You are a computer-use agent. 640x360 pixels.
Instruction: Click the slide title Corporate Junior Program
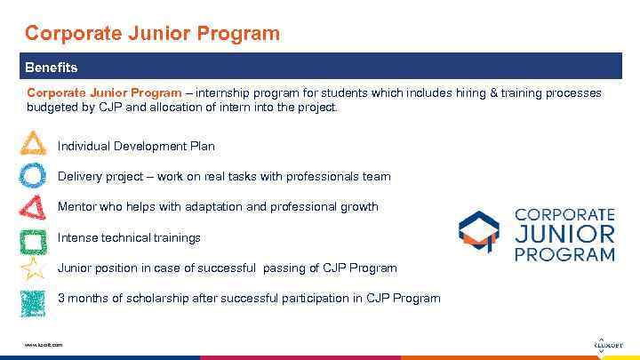click(152, 34)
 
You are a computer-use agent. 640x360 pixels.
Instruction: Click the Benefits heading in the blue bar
click(51, 68)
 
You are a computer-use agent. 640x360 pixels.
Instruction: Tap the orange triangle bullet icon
click(33, 144)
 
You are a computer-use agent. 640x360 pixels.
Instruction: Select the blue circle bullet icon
click(33, 175)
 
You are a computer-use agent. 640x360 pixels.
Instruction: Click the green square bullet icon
click(33, 239)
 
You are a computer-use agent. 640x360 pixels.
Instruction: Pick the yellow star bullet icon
click(33, 268)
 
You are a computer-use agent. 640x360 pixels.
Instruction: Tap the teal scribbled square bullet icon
click(33, 301)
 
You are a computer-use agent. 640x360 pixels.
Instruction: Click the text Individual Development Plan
click(136, 146)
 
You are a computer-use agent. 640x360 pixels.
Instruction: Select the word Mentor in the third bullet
click(77, 207)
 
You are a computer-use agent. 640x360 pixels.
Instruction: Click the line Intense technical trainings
click(129, 238)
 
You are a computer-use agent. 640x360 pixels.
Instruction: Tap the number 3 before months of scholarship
click(61, 298)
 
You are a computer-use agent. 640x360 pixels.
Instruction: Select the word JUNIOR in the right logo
click(565, 235)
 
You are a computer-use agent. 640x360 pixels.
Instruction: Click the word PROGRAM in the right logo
click(565, 254)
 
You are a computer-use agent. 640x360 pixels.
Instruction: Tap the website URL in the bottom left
click(44, 344)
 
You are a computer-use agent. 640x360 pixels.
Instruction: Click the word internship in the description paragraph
click(225, 92)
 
